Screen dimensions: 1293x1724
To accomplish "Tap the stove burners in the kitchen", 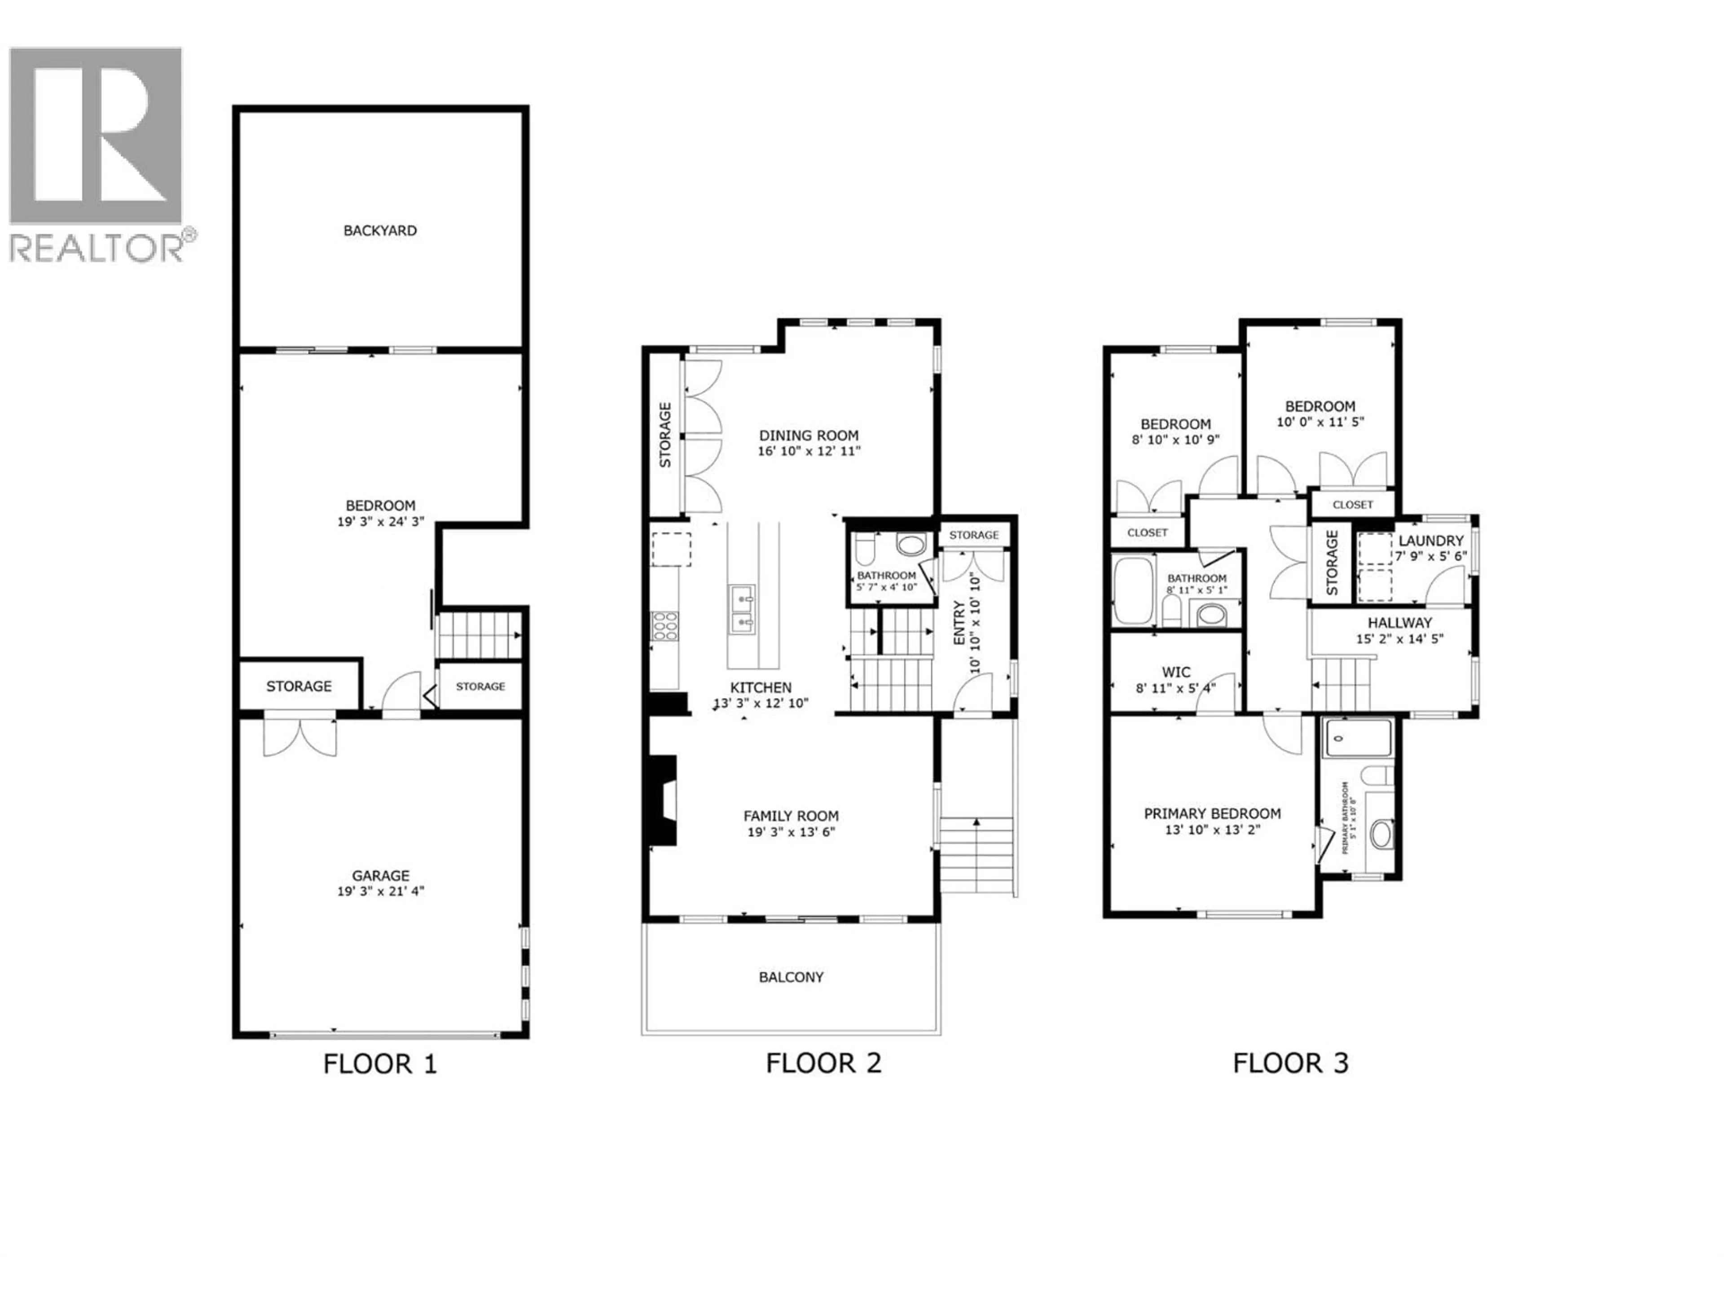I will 665,626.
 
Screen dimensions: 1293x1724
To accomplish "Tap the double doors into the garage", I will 300,735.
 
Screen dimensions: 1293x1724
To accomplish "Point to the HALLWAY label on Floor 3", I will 1400,623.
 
